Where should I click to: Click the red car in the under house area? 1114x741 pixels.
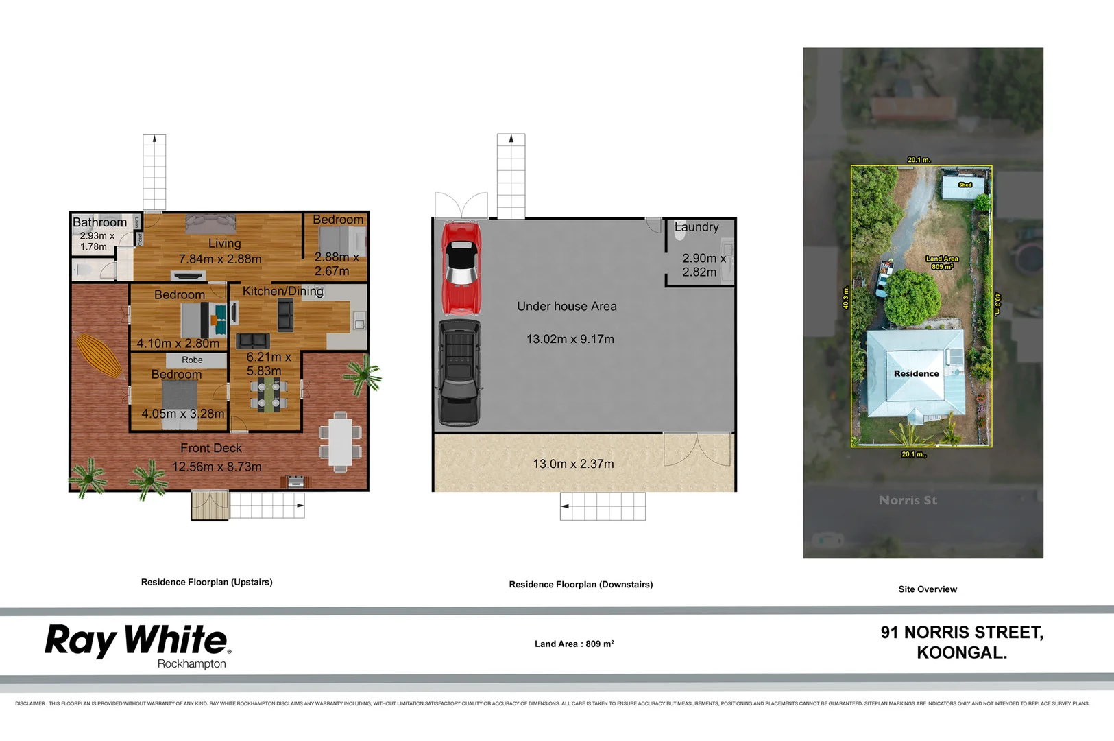coord(461,268)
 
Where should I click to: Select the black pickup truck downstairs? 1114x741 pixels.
coord(459,373)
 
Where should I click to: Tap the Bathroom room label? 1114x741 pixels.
coord(100,222)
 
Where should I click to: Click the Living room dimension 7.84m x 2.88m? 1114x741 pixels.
coord(220,259)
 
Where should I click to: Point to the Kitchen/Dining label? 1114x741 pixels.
coord(282,291)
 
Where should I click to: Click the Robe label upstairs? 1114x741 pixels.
coord(192,360)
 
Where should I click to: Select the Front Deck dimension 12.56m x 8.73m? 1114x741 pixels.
coord(217,467)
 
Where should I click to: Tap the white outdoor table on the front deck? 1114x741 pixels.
coord(340,443)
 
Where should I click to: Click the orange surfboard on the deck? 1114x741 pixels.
coord(100,355)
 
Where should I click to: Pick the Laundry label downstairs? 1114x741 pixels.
coord(697,227)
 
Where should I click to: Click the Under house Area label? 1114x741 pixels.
coord(567,307)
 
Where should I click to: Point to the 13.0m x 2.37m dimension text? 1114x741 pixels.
coord(573,464)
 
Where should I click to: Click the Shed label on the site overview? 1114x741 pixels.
coord(965,185)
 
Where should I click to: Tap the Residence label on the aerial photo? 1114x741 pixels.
coord(916,374)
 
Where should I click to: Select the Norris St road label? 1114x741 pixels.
coord(908,500)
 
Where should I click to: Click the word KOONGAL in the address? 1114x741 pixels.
coord(961,652)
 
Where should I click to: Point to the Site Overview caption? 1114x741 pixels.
coord(928,589)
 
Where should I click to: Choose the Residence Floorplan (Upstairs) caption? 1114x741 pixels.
coord(206,582)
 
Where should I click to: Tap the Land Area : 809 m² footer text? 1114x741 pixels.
coord(574,644)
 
